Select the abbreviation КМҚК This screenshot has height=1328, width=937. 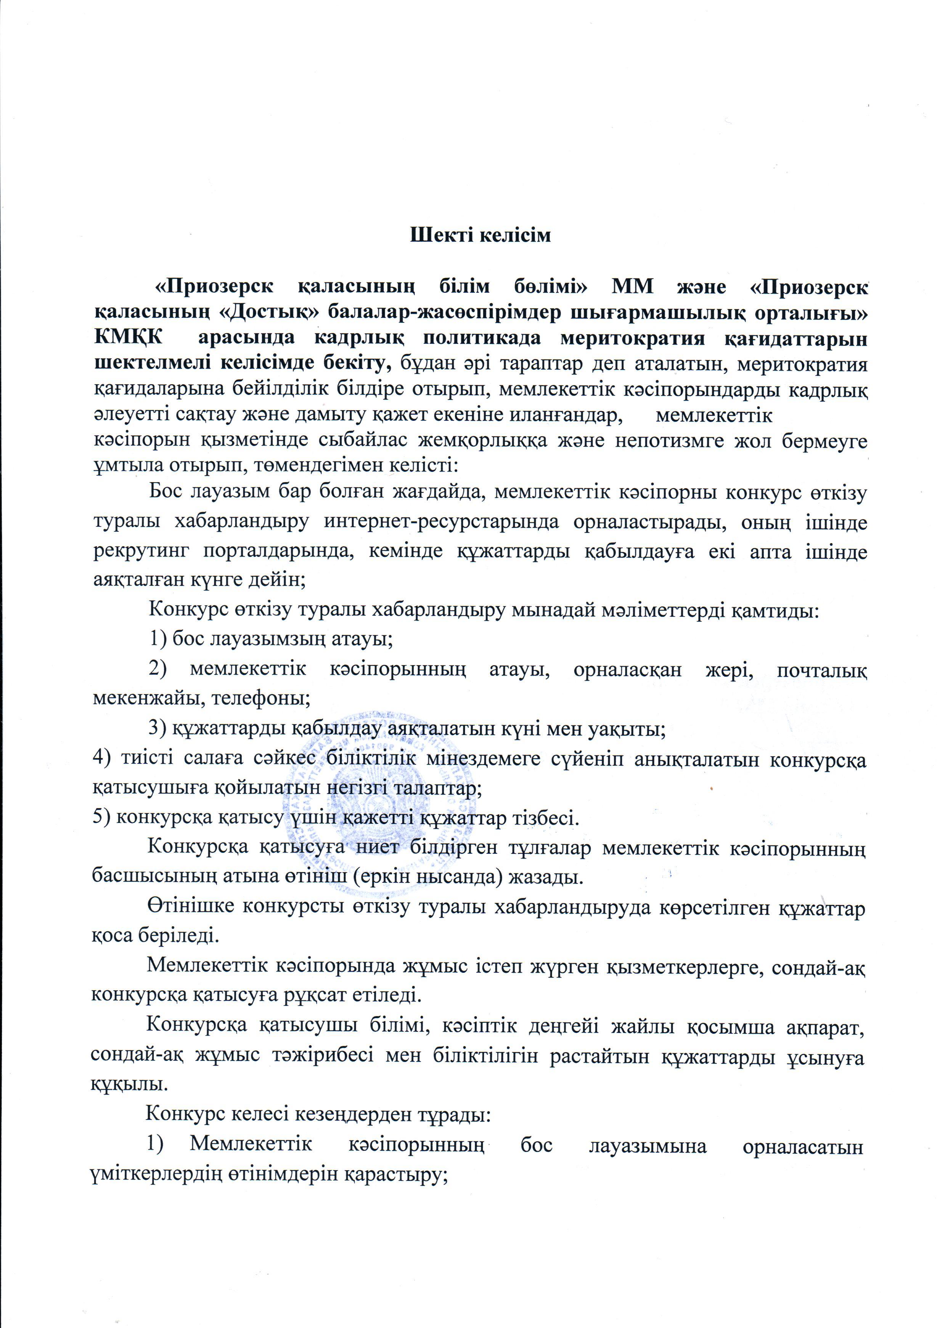(127, 338)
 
